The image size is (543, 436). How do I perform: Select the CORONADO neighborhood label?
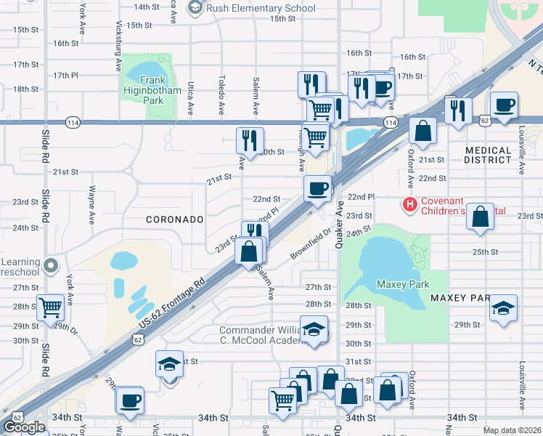pos(173,219)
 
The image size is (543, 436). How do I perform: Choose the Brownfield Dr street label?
pos(311,245)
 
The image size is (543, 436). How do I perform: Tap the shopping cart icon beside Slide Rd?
pos(50,307)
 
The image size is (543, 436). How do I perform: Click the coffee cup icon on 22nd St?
pos(317,188)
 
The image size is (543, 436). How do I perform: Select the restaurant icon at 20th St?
pos(250,140)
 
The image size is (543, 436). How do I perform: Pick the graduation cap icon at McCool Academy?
pos(314,329)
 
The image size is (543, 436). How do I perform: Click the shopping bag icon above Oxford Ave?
pos(422,131)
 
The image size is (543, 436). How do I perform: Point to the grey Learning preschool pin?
pos(50,265)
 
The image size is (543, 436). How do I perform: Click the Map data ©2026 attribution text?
pos(511,430)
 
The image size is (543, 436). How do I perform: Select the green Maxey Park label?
pos(403,285)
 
